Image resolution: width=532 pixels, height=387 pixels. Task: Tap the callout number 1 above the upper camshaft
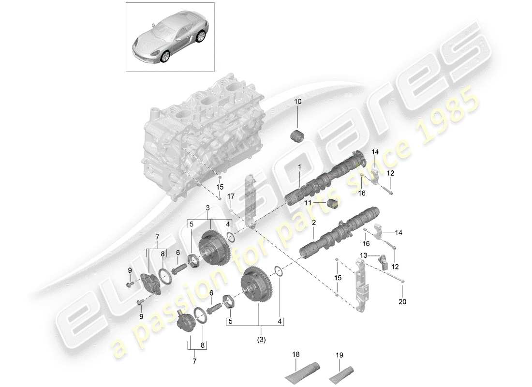(300, 167)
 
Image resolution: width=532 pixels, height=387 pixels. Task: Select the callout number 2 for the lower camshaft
(313, 223)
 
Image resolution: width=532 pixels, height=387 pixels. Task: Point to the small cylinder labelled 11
(331, 204)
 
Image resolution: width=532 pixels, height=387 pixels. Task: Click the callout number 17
(231, 196)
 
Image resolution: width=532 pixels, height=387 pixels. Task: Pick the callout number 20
(402, 302)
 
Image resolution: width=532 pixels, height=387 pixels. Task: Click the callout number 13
(363, 255)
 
